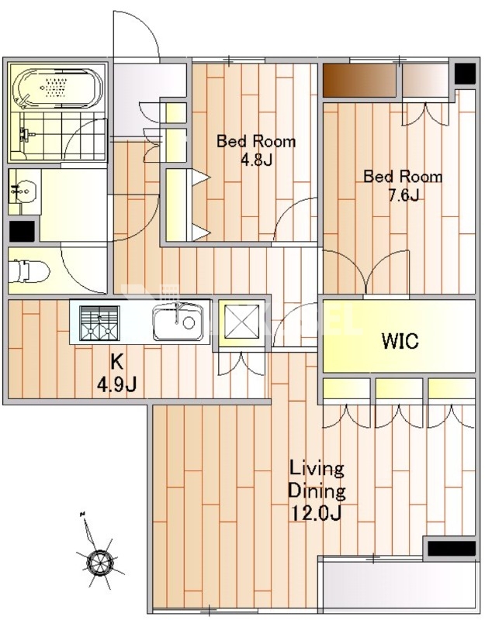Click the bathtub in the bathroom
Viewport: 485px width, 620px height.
(x=57, y=89)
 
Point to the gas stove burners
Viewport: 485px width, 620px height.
(x=99, y=322)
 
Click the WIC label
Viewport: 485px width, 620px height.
(x=400, y=341)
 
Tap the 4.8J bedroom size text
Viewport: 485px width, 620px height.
(x=256, y=160)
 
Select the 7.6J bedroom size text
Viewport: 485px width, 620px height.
(x=403, y=195)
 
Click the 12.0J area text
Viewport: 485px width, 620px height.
(x=317, y=513)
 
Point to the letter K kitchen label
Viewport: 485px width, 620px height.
(x=116, y=360)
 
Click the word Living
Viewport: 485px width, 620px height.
(x=317, y=469)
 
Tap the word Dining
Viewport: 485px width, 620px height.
(x=317, y=491)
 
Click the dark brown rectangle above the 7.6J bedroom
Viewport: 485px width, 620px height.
(x=359, y=80)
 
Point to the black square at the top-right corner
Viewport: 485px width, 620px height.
(x=465, y=74)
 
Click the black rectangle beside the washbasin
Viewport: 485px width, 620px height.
(x=22, y=231)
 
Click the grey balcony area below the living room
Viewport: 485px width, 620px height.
(x=400, y=588)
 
